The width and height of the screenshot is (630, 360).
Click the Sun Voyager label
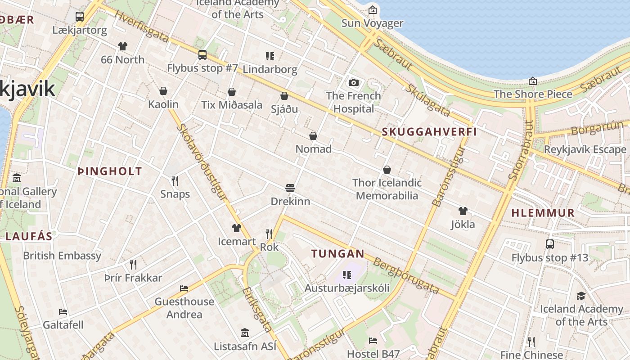372,23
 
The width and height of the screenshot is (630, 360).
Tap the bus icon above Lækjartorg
80,17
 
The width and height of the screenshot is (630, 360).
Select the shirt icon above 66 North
123,46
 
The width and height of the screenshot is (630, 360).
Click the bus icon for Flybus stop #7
202,55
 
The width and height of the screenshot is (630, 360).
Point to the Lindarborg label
270,69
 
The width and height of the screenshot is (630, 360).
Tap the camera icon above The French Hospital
354,82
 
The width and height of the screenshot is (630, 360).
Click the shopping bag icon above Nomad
313,136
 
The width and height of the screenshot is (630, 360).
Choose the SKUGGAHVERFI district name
429,132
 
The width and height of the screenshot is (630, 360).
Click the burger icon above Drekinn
290,188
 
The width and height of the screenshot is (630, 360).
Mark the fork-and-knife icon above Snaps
175,181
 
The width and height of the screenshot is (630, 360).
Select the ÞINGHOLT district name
110,171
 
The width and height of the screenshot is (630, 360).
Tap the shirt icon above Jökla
463,211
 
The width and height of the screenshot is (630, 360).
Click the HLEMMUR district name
543,213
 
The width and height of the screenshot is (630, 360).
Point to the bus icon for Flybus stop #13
549,244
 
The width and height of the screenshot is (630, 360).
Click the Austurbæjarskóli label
347,288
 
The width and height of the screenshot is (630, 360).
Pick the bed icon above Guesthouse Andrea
184,288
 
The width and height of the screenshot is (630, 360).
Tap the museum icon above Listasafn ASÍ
245,333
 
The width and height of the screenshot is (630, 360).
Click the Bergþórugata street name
406,276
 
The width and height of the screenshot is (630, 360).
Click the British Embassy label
62,256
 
